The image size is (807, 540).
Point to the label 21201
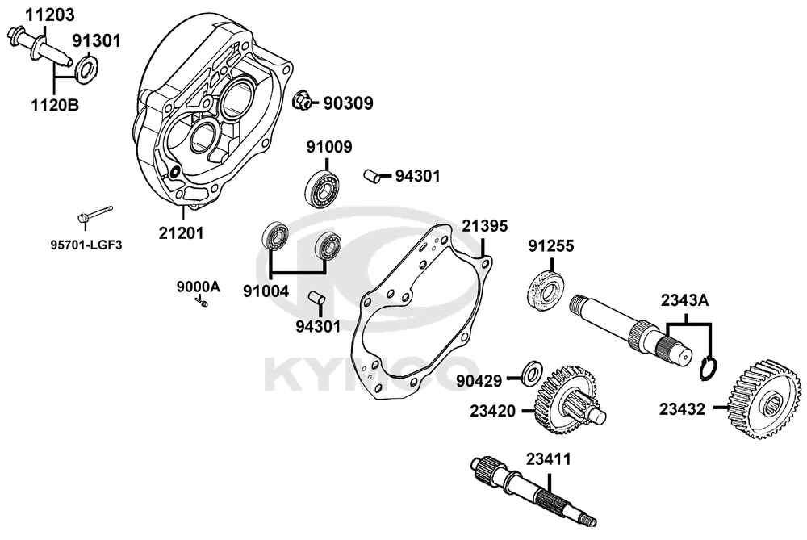pos(181,233)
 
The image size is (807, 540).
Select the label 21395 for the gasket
pos(485,226)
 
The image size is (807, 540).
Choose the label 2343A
pos(684,300)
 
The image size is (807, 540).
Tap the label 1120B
pos(56,104)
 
